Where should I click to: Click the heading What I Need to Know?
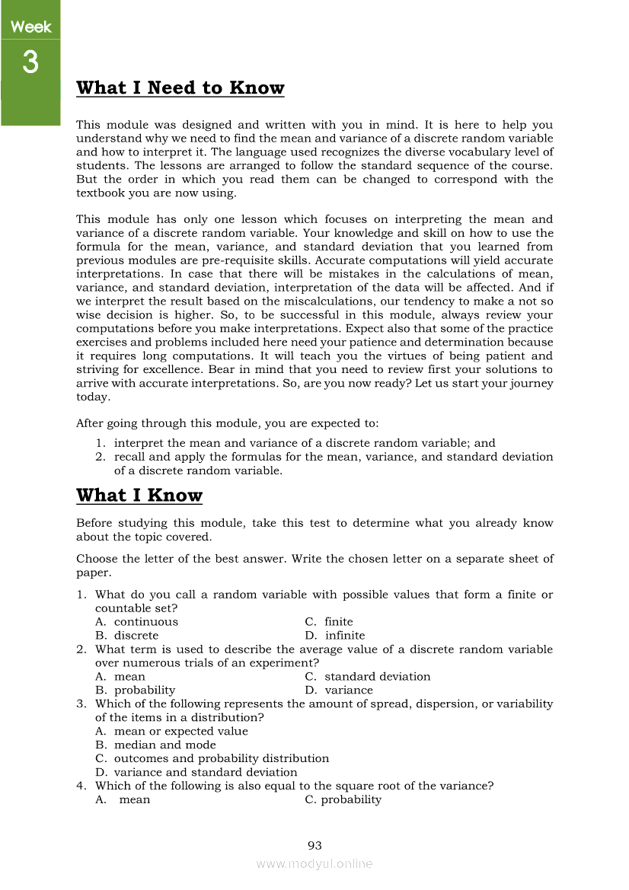pos(180,88)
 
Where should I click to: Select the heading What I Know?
pos(139,496)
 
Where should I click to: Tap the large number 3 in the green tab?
pos(30,62)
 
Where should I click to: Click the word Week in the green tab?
pos(30,27)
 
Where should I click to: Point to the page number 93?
pos(314,845)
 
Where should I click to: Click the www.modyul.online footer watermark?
pos(314,863)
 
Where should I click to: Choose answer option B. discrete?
pos(127,636)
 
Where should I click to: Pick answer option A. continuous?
pos(136,622)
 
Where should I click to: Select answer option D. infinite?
pos(335,636)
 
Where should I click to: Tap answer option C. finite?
pos(329,622)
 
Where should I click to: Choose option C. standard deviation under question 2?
pos(368,677)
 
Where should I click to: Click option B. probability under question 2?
pos(135,691)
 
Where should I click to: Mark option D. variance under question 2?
pos(339,691)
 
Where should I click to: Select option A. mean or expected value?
pos(171,732)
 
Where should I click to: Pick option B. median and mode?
pos(155,745)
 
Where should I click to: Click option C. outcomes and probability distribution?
pos(212,759)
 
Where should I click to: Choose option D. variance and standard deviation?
pos(196,773)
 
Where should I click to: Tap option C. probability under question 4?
pos(343,800)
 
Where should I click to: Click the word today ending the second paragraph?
pos(93,397)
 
